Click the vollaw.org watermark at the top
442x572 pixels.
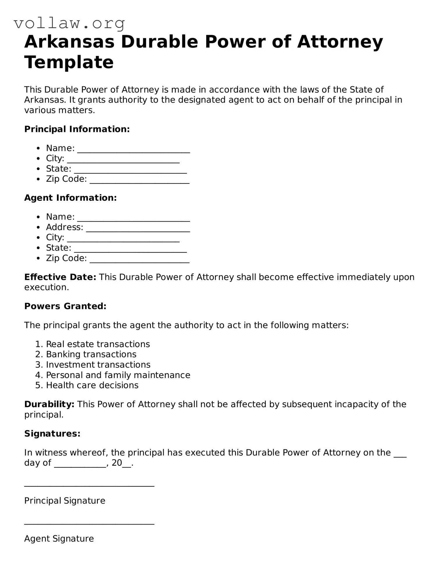click(69, 23)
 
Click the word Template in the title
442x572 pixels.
click(69, 62)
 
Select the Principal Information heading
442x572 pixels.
click(77, 129)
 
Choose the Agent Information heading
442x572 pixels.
click(70, 198)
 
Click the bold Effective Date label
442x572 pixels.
click(60, 277)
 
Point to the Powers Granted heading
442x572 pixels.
click(65, 306)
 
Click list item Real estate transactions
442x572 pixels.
click(98, 344)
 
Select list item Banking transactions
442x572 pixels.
click(91, 354)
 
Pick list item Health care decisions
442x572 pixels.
click(92, 385)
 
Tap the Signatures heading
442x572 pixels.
click(52, 434)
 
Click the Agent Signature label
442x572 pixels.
click(59, 539)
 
